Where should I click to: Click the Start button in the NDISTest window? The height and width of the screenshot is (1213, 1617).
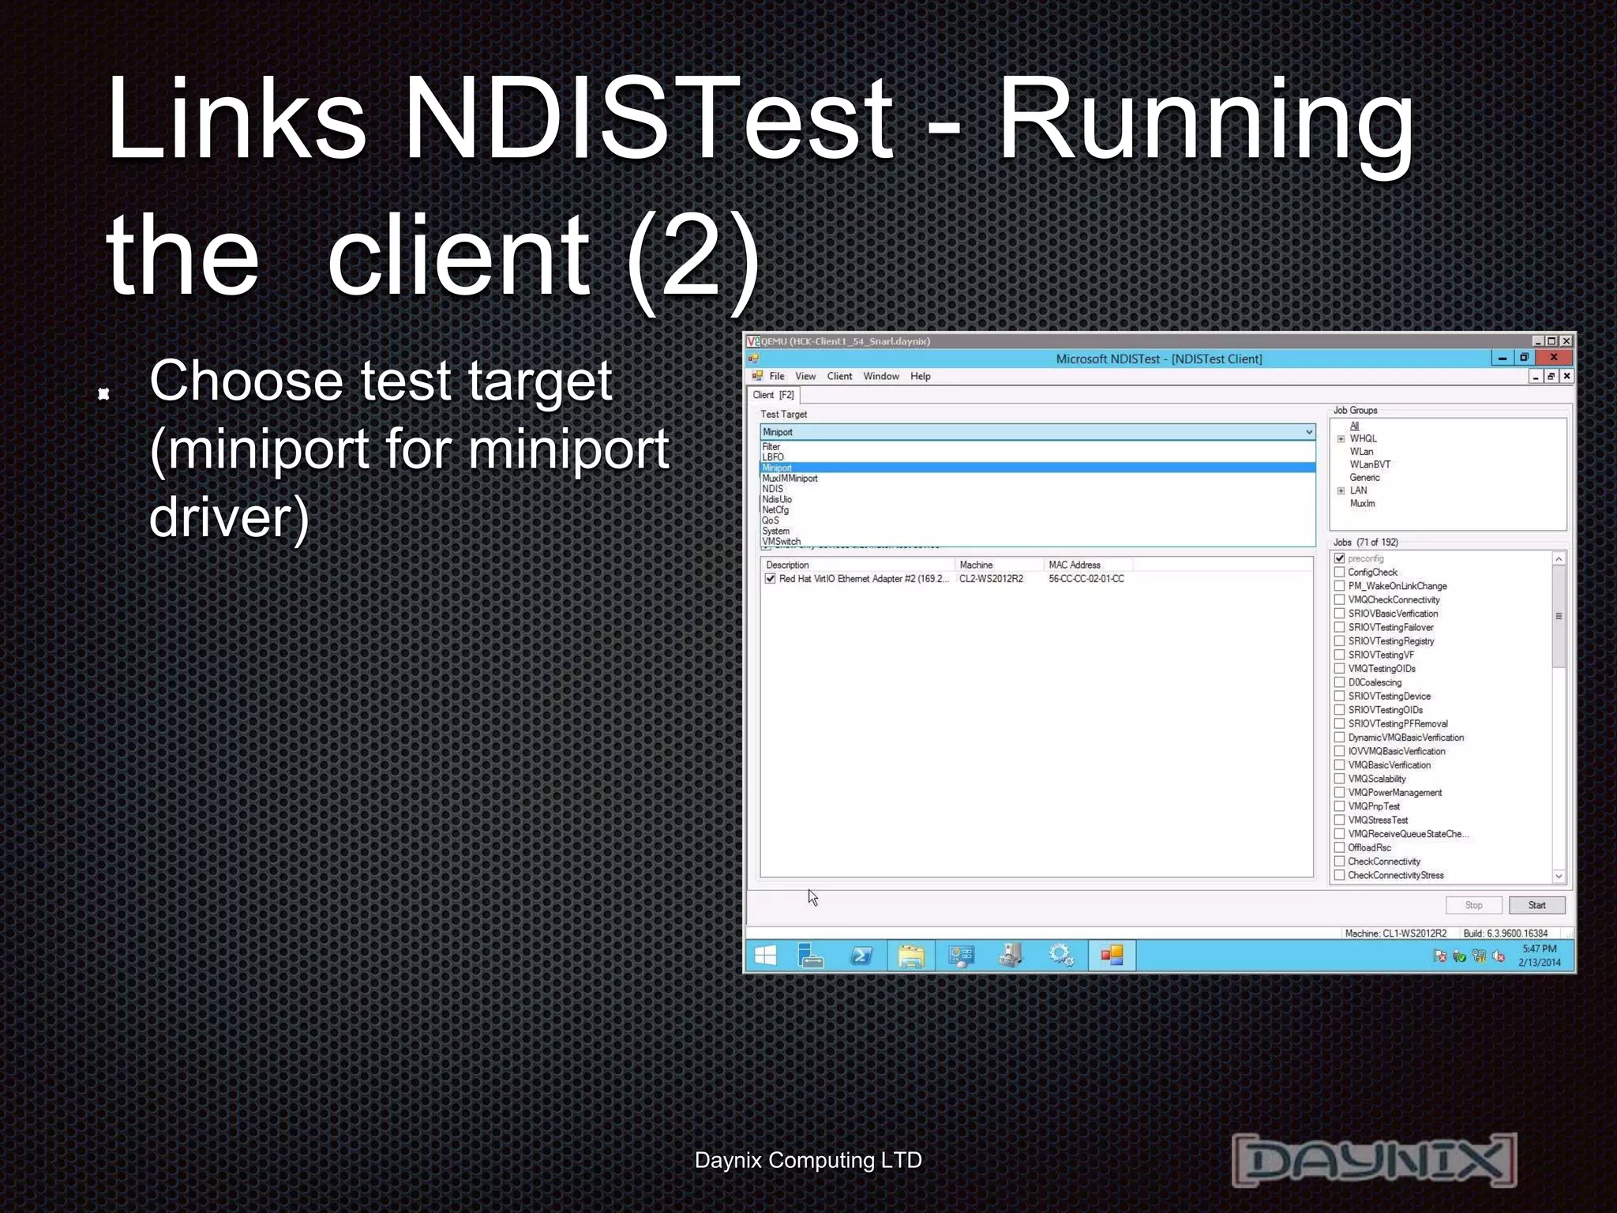(1536, 905)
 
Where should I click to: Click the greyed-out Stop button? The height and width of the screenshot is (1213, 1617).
(1473, 905)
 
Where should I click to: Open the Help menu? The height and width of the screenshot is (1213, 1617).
(920, 376)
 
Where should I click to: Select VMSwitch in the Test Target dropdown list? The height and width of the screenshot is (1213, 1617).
(782, 542)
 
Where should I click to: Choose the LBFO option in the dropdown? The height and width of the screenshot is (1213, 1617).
(773, 457)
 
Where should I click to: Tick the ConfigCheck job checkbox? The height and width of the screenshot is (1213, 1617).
(1339, 573)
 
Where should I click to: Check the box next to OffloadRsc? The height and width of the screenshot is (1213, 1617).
(1339, 847)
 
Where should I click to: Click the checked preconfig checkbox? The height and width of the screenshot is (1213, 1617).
(1339, 558)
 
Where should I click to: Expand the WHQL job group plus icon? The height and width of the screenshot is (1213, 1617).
(1341, 439)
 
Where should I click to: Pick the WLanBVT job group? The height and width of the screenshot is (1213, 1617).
(1370, 464)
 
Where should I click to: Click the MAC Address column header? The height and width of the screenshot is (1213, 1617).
(1075, 565)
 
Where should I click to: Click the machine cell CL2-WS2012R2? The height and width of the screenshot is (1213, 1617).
(991, 579)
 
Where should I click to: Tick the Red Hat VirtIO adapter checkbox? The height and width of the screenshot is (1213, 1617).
(770, 579)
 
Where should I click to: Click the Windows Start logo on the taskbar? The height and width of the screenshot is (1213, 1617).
(765, 956)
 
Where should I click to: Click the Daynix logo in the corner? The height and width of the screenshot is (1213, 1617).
(1374, 1159)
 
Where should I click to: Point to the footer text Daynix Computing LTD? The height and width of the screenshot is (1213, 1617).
(808, 1160)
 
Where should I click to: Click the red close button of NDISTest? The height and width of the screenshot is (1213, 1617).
(1553, 358)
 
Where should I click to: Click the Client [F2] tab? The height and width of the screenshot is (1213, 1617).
(773, 395)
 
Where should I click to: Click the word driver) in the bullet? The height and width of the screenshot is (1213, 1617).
(229, 518)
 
